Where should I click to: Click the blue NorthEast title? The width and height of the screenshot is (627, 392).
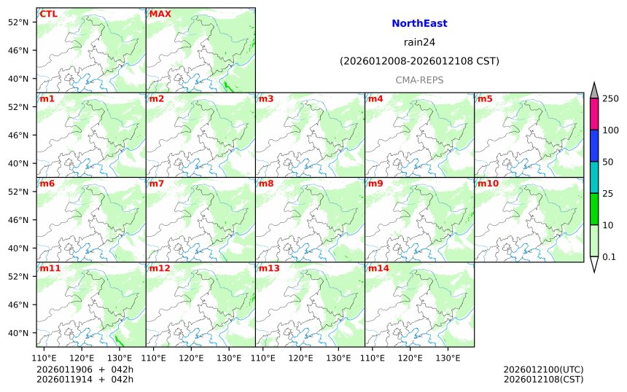tap(419, 23)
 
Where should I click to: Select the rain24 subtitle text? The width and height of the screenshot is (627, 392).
tap(419, 42)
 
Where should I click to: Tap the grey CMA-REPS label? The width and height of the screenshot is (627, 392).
tap(419, 80)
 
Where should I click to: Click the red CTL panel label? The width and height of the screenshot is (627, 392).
tap(49, 14)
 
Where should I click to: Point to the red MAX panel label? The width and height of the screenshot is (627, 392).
tap(160, 14)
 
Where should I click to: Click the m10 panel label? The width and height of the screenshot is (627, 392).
tap(488, 184)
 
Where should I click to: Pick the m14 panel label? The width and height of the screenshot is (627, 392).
tap(379, 268)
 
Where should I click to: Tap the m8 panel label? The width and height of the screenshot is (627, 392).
tap(267, 184)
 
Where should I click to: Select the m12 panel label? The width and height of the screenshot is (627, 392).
tap(160, 268)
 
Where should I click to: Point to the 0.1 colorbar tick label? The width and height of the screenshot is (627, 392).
tap(609, 256)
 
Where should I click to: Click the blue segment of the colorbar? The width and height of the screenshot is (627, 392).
tap(593, 146)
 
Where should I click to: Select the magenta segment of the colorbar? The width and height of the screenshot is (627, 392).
tap(593, 114)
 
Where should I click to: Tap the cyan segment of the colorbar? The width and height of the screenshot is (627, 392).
tap(593, 177)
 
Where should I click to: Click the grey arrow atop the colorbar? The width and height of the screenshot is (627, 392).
tap(593, 90)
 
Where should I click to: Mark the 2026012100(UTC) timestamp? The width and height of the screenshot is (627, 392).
tap(543, 369)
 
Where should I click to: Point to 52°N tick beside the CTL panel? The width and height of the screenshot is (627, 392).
tap(17, 22)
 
